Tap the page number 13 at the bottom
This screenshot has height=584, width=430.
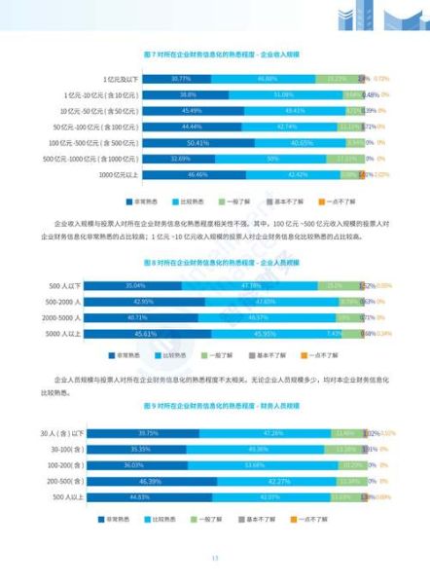(215, 558)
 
